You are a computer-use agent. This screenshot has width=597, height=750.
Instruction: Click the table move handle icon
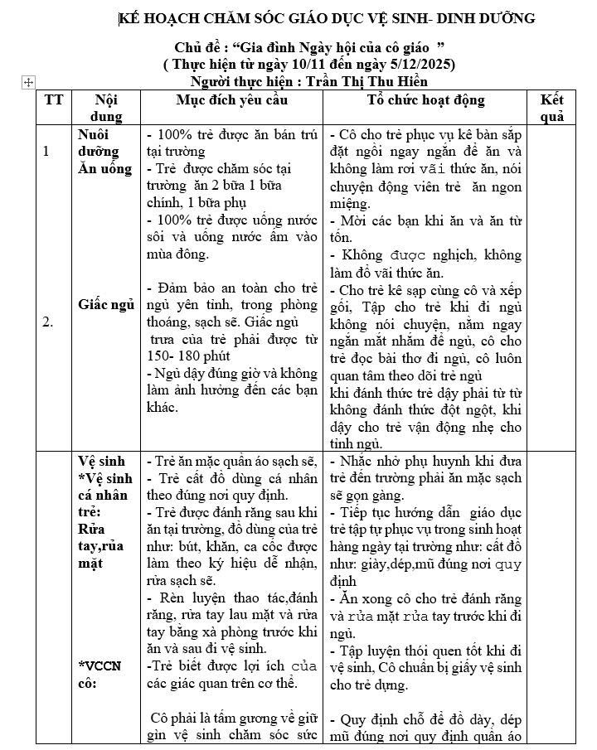pyautogui.click(x=28, y=82)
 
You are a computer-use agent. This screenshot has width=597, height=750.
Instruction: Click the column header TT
pyautogui.click(x=54, y=100)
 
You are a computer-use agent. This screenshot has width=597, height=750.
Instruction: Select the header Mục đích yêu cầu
pyautogui.click(x=232, y=100)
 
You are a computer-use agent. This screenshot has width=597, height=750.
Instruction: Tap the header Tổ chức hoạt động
pyautogui.click(x=426, y=100)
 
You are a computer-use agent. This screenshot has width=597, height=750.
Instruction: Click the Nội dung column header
pyautogui.click(x=106, y=108)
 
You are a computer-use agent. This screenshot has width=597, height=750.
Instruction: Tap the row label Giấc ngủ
pyautogui.click(x=106, y=305)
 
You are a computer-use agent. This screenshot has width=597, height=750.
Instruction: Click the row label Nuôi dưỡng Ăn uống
pyautogui.click(x=104, y=151)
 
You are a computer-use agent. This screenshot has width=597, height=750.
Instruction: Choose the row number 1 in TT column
pyautogui.click(x=46, y=151)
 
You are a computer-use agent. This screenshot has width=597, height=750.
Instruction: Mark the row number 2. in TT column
pyautogui.click(x=48, y=322)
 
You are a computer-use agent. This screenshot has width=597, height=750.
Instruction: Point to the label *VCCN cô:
pyautogui.click(x=99, y=674)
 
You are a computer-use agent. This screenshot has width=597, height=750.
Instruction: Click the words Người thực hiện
pyautogui.click(x=242, y=81)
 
